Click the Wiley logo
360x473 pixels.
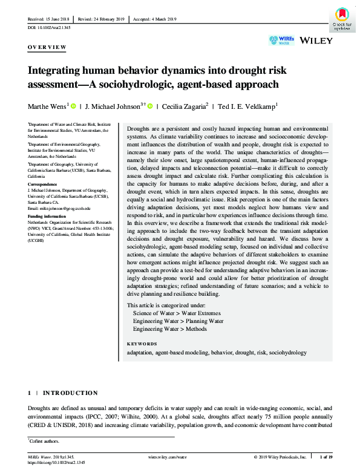(x=315, y=41)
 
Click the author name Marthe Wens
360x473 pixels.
(x=48, y=106)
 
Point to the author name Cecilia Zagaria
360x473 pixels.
(x=185, y=106)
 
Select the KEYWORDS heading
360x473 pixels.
(x=142, y=343)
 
